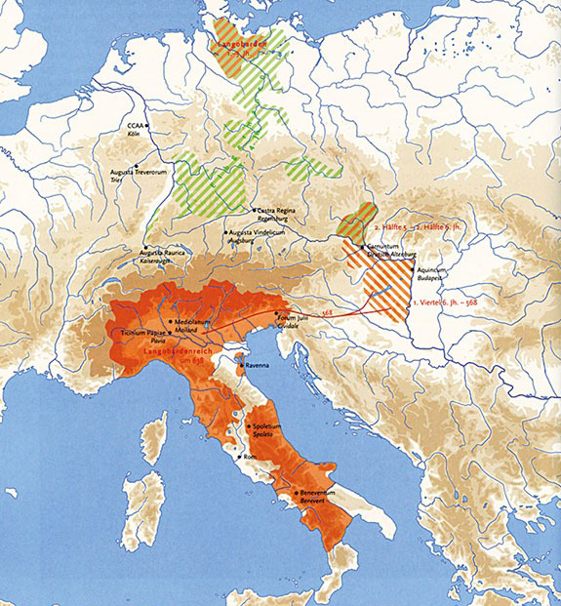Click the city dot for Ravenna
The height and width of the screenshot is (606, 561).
click(241, 368)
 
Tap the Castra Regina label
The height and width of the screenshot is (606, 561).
click(278, 210)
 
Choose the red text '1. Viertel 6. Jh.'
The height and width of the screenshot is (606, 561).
click(445, 303)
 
